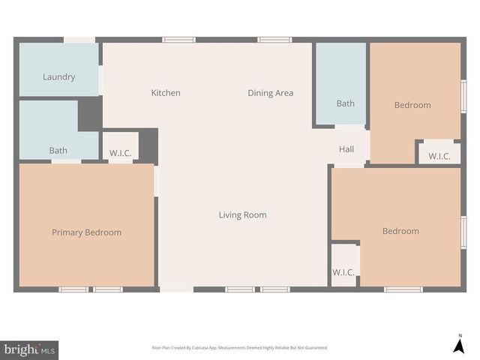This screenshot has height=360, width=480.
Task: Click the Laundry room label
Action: coord(58,76)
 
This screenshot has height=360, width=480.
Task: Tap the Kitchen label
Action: coord(166,93)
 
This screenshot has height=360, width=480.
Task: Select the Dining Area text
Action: coord(270,93)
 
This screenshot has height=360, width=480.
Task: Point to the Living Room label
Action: coord(242,215)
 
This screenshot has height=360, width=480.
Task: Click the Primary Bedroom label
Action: coord(86,232)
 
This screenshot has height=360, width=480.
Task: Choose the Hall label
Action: coord(346,149)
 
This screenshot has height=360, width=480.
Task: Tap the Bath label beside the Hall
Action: coord(345,103)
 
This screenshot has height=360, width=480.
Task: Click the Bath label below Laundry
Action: coord(58,151)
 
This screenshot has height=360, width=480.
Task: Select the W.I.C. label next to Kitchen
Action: coord(120,154)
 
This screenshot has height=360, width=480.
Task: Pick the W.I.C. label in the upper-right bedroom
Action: coord(439,157)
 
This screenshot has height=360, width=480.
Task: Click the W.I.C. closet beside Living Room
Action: coord(343,272)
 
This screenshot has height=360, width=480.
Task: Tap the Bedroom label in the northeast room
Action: coord(412,105)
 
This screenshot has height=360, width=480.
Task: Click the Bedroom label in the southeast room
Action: coord(400,231)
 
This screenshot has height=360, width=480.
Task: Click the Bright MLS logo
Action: coord(30,349)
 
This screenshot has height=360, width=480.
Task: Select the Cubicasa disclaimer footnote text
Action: coord(240,348)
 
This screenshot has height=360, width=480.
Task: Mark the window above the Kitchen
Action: coord(179,40)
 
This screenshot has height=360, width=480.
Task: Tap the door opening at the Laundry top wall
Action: coord(79,40)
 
